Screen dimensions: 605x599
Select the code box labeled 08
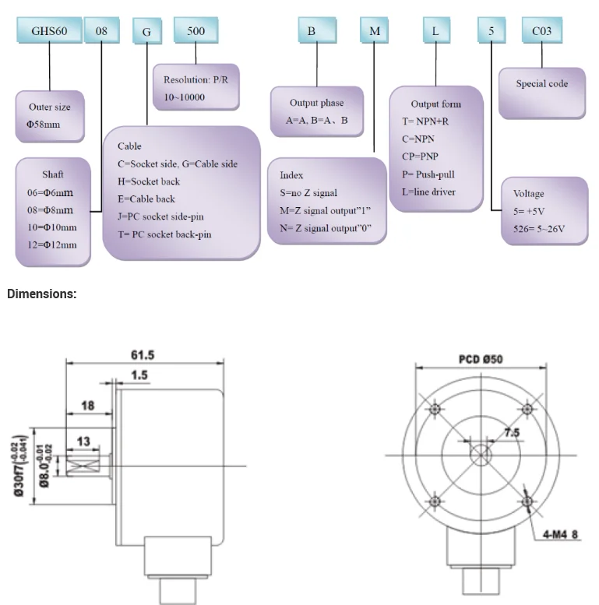point(102,32)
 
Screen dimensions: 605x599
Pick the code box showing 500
point(196,31)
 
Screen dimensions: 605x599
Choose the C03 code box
point(541,31)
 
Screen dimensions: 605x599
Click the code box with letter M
point(375,31)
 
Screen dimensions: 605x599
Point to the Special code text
point(541,83)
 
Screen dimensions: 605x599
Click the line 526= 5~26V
point(538,228)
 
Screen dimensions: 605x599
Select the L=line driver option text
point(428,192)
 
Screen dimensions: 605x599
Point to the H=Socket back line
point(149,181)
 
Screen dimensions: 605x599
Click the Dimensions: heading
point(42,294)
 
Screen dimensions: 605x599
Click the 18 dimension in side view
point(87,406)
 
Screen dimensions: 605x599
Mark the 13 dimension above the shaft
point(83,441)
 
